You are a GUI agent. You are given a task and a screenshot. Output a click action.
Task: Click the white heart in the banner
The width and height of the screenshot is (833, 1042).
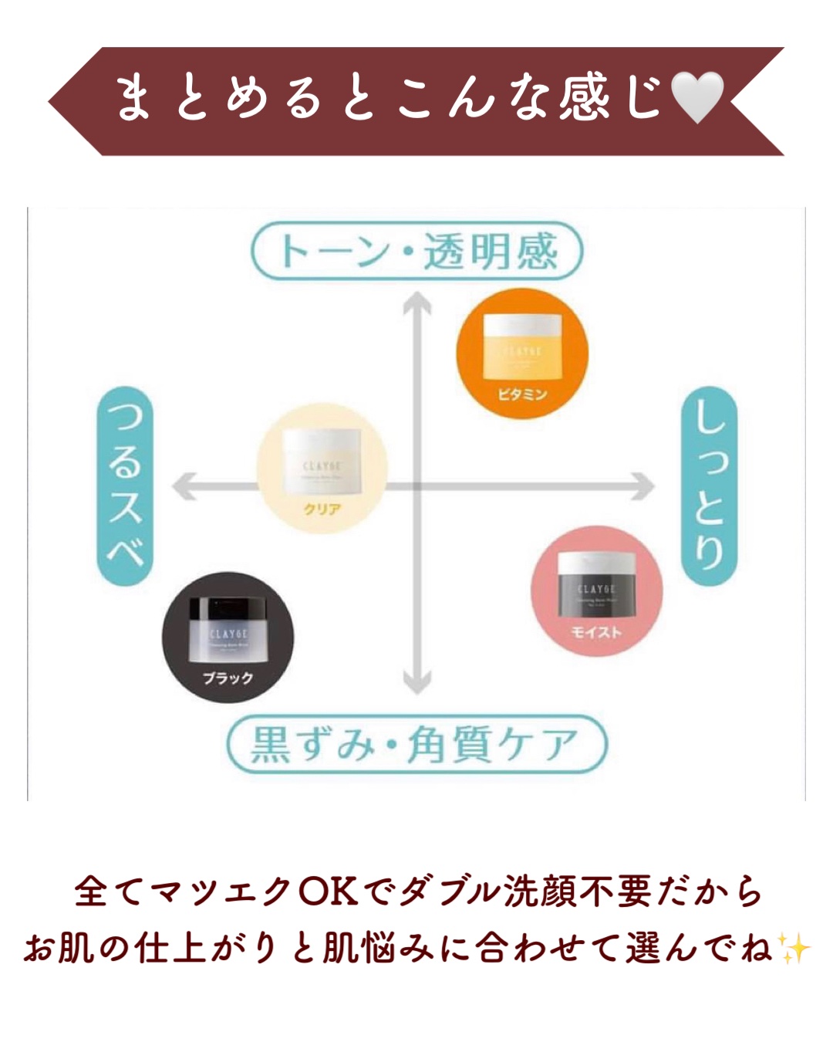coord(697,98)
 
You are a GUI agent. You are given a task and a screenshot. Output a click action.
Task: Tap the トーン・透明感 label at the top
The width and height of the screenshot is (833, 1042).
coord(416,251)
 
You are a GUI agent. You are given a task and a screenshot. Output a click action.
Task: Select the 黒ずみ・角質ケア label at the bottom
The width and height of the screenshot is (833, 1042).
coord(416,744)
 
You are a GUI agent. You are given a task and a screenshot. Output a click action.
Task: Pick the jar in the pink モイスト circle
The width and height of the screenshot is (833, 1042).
coord(597,584)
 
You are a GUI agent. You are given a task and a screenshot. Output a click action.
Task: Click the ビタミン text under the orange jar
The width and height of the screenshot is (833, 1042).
coord(522,394)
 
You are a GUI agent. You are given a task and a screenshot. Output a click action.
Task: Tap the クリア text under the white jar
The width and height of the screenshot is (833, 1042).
coord(322,509)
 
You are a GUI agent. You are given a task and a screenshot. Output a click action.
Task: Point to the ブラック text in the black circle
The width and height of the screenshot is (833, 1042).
coord(228,678)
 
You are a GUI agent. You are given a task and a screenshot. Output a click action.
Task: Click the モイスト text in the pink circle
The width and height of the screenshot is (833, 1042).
coord(596,632)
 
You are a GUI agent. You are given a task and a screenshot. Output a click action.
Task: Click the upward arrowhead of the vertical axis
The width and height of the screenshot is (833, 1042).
coord(416,301)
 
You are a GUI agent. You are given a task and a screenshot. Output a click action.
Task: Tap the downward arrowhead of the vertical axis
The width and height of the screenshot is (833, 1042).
coord(416,682)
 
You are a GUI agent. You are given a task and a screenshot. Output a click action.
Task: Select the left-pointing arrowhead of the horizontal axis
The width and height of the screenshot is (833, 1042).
coord(181,486)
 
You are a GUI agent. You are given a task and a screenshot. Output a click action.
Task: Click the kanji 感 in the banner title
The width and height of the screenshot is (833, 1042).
coord(585,98)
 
